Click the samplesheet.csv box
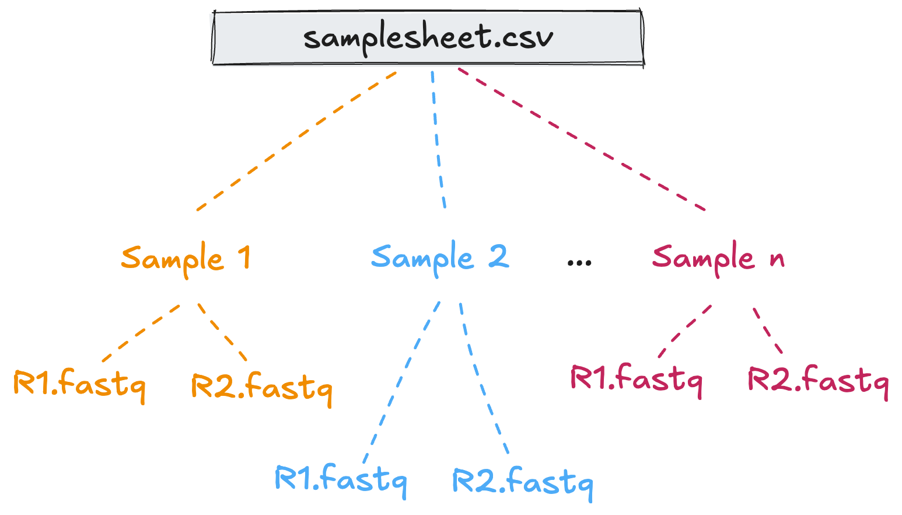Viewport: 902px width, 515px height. [x=427, y=37]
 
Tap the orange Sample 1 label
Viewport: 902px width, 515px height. [x=186, y=258]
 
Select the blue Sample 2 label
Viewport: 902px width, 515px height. [x=439, y=258]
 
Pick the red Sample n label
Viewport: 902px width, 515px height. [x=718, y=258]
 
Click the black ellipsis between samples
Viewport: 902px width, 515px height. [x=579, y=262]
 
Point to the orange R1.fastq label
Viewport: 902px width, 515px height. [x=79, y=384]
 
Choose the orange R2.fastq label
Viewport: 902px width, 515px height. [x=261, y=387]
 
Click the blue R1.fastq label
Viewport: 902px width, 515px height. [x=340, y=479]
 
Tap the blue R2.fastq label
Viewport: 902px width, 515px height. [x=523, y=482]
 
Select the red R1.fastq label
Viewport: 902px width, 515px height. [x=636, y=378]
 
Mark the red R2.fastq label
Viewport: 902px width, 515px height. [x=818, y=380]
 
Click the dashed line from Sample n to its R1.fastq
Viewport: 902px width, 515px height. [x=685, y=330]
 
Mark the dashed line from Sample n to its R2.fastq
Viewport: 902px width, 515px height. [x=768, y=330]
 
